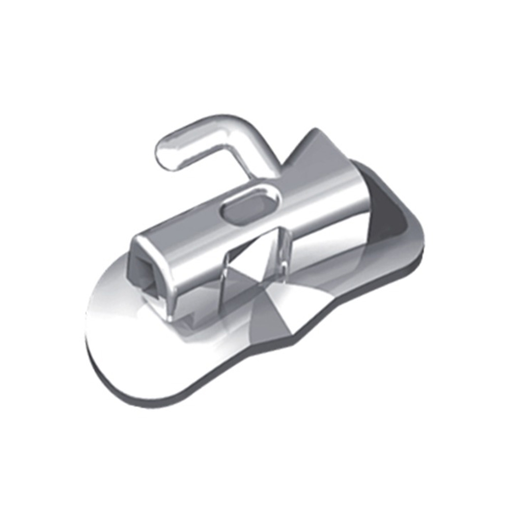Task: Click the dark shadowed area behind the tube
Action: coord(387,214)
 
